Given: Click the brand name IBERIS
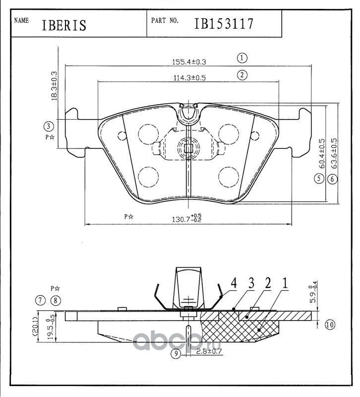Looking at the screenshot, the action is coord(64,25).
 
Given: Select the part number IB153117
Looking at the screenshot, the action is coord(224,24).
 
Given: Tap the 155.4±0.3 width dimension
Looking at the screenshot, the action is coord(189,62).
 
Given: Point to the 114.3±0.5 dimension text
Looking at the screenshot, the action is coord(189,78).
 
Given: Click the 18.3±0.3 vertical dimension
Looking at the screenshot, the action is coord(54,86).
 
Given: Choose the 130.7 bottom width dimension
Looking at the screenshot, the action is coord(187,218).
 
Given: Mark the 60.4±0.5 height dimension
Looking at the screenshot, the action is coord(322,153).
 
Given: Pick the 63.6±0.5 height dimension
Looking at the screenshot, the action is coord(334,153).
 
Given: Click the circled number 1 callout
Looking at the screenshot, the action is coord(242,58).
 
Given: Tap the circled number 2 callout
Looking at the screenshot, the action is coord(242,75).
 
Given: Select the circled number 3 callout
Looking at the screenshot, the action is coord(49,126).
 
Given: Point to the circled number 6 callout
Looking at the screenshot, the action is coord(332,179).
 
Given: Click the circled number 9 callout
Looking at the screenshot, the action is coord(176,353).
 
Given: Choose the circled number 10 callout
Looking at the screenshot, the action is coord(330,325).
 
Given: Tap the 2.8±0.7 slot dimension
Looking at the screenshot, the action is coord(209,351).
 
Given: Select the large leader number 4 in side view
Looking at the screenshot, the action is coord(234,283).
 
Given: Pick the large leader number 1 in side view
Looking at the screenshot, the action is coord(285,283).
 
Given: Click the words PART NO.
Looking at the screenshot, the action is coord(165,20).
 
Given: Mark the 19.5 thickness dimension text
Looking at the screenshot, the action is coord(51,327).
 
